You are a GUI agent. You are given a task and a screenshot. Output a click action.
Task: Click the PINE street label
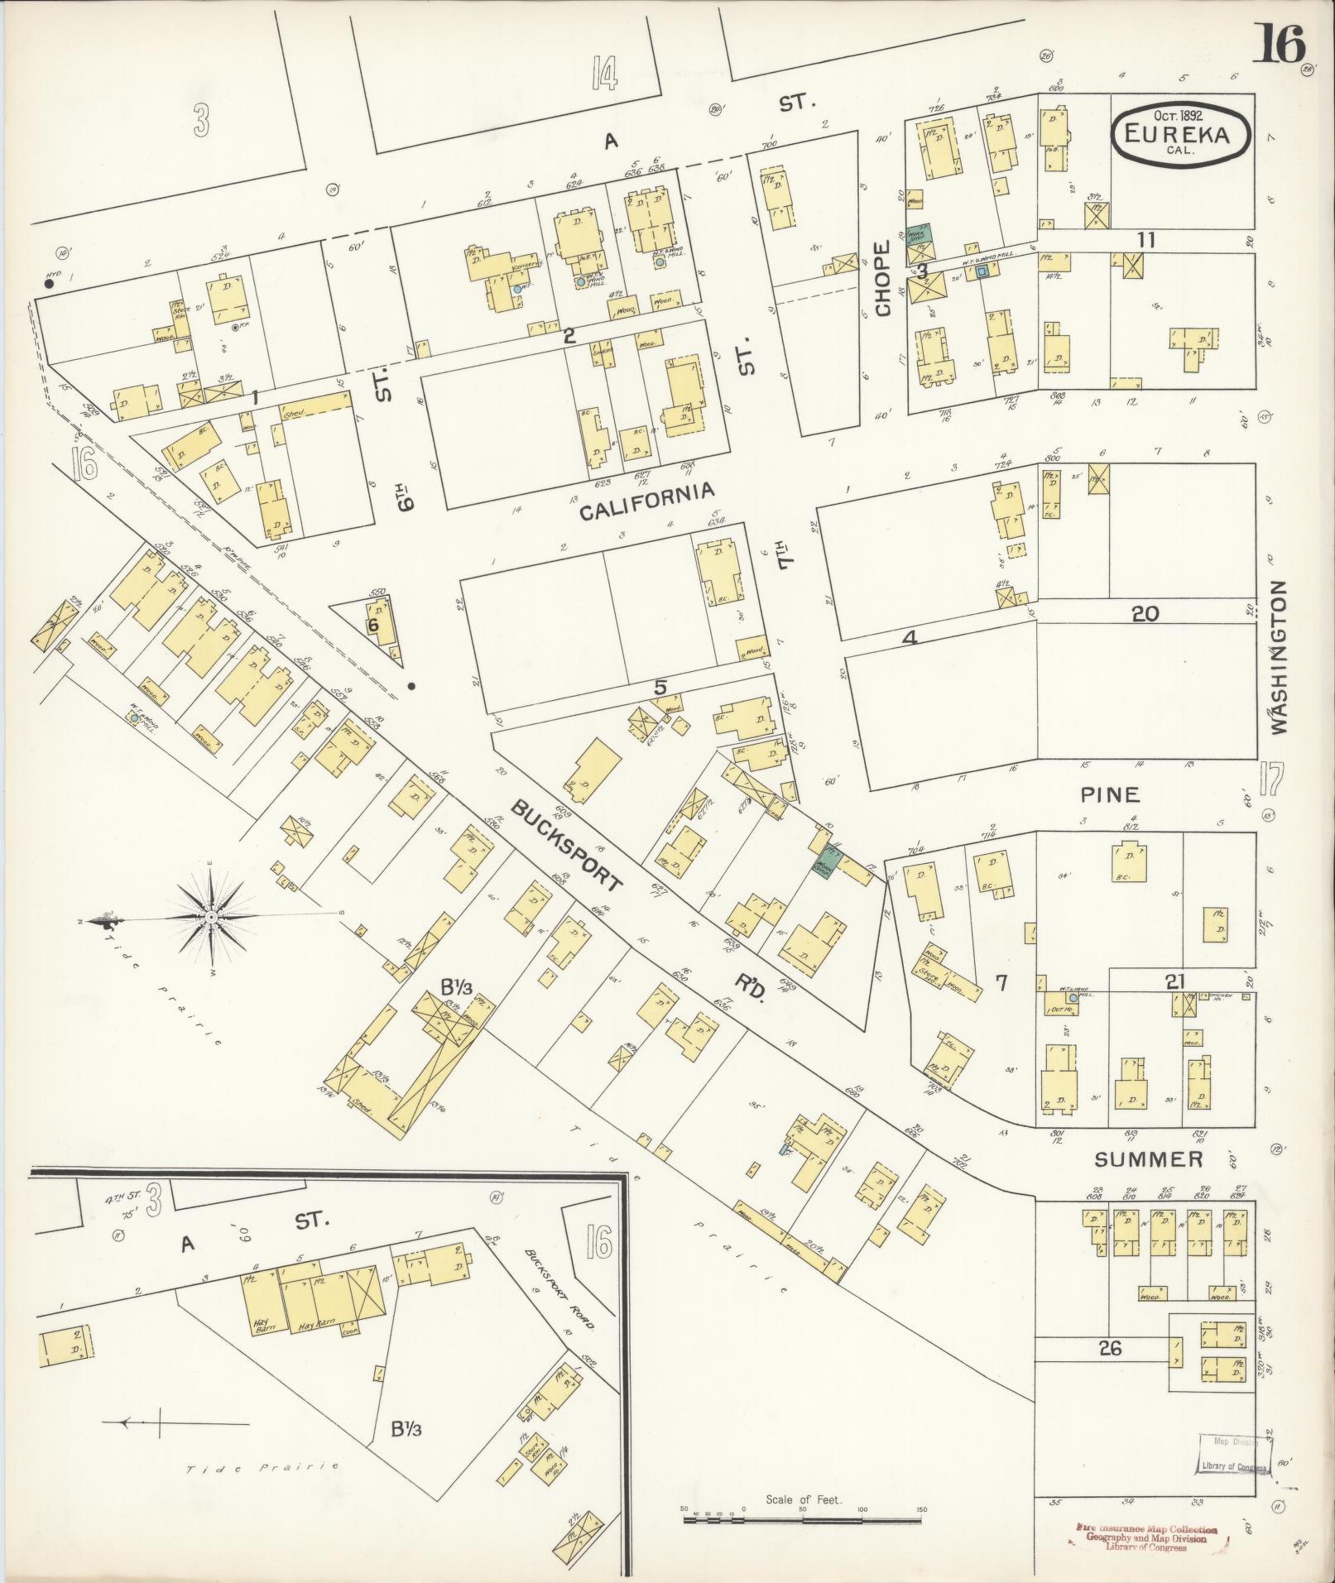point(1110,794)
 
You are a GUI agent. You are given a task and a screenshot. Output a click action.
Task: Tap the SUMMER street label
point(1148,1159)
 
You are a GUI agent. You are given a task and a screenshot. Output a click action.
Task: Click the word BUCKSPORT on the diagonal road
point(565,845)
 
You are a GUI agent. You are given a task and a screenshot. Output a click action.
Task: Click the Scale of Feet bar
point(803,1520)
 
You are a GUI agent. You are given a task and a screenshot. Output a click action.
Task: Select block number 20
point(1145,614)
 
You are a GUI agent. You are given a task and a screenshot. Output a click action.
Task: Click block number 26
point(1109,1348)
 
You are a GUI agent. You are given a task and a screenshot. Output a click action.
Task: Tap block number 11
point(1145,240)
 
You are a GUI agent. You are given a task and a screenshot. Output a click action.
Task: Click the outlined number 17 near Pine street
point(1270,780)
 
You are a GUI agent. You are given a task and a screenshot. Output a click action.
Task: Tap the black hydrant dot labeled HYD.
point(50,284)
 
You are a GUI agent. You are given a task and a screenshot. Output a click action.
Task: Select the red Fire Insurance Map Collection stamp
point(1146,1537)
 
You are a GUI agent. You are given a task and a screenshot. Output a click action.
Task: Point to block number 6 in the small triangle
point(373,626)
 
